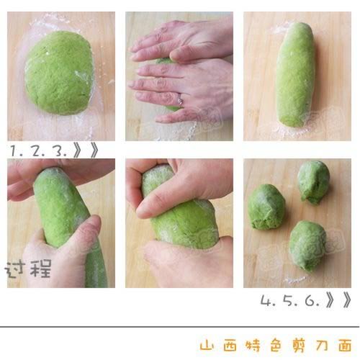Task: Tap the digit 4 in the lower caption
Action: (x=266, y=300)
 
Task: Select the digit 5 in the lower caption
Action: (x=288, y=300)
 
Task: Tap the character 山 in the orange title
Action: (x=209, y=344)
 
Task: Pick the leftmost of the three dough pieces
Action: (x=266, y=207)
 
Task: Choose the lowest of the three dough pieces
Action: (x=307, y=245)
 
